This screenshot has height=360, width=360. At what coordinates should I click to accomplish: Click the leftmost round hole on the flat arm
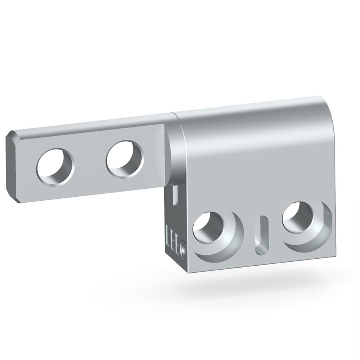[x=55, y=167]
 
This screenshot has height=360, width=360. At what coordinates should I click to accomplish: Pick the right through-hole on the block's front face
[x=298, y=217]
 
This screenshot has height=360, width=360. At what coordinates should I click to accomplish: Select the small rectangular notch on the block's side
[x=175, y=194]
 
